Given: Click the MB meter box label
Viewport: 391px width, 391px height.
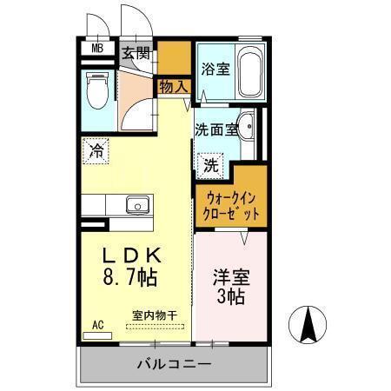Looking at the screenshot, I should [98, 50].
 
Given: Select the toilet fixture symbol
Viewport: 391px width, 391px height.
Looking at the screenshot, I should [97, 89].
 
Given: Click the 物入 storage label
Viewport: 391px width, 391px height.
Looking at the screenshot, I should [173, 86].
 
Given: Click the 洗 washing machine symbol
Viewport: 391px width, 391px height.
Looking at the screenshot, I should [211, 162].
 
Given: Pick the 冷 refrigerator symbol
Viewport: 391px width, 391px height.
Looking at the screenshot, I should [97, 151].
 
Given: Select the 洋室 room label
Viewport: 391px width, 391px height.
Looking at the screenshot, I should [230, 279].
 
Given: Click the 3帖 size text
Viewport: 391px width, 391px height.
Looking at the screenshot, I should [230, 298].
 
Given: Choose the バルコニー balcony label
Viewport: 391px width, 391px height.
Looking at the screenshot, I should [174, 362].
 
